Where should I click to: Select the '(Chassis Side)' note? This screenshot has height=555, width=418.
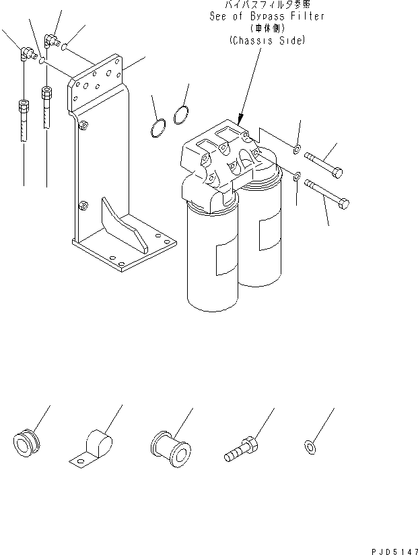267,40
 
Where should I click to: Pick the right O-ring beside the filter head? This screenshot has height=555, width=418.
180,116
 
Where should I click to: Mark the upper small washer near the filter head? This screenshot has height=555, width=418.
297,146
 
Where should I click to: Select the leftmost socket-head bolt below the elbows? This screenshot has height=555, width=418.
22,119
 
